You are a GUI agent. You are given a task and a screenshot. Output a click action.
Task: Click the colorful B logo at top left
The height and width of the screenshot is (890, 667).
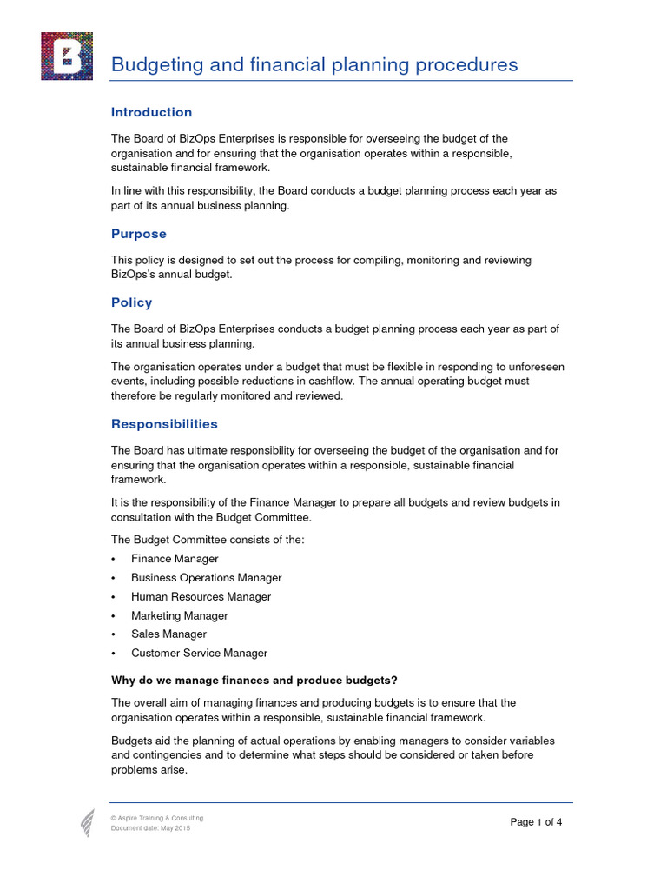66,56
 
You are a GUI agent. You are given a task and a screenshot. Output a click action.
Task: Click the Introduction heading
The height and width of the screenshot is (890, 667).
151,112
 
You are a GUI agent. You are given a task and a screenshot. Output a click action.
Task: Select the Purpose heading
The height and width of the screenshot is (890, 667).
138,234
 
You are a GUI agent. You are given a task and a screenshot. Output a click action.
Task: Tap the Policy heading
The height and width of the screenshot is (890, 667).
131,302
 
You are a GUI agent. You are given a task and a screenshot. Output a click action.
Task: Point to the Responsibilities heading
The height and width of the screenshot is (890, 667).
164,424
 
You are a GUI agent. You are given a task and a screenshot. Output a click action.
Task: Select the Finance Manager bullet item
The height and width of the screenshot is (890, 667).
175,559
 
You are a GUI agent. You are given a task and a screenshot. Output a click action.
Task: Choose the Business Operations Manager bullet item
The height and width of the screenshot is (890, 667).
206,578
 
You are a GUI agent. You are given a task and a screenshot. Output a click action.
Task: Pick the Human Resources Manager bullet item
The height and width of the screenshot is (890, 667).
201,597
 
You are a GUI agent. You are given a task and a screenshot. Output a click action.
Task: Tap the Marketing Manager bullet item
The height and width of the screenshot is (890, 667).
179,616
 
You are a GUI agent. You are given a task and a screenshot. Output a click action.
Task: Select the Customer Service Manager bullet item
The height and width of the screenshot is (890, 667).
199,654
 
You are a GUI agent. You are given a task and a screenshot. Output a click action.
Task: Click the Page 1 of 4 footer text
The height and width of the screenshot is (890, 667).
536,822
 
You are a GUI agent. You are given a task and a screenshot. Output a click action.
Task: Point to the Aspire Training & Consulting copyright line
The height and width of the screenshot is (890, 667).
156,819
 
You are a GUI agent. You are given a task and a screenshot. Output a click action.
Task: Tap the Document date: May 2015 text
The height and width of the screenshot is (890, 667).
149,828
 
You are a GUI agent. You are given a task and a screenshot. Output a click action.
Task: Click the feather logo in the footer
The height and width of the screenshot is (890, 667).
88,823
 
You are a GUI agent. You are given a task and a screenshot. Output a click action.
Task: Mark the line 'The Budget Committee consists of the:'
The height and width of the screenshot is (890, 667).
207,540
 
